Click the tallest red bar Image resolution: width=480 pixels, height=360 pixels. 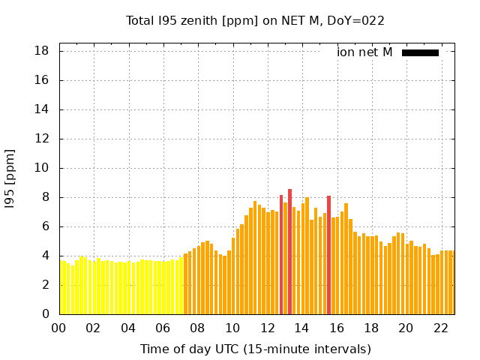click(289, 251)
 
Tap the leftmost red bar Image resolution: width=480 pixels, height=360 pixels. click(281, 255)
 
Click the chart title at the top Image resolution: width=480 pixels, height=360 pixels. click(255, 20)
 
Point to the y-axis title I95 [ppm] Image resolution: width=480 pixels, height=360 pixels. click(10, 178)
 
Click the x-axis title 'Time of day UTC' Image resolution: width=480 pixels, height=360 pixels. click(255, 349)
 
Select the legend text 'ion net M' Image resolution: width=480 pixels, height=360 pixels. click(364, 52)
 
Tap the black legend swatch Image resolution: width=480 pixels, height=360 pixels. click(420, 52)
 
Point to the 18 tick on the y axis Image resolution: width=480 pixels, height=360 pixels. click(42, 51)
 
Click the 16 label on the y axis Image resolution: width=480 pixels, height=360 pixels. click(42, 80)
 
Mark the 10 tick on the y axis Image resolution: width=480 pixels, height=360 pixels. click(42, 168)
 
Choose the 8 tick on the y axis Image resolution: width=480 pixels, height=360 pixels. click(45, 197)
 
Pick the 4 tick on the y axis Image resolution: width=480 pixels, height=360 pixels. click(45, 256)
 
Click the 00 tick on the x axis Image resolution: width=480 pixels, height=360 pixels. click(58, 328)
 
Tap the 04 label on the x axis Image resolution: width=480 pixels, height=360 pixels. click(128, 328)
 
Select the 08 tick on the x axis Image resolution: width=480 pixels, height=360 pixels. click(197, 328)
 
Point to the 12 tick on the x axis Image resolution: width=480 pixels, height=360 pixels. click(267, 328)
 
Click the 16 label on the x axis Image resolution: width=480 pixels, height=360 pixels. click(336, 328)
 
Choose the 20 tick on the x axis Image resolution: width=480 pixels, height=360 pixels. click(406, 328)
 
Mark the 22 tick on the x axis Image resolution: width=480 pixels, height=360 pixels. click(440, 328)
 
